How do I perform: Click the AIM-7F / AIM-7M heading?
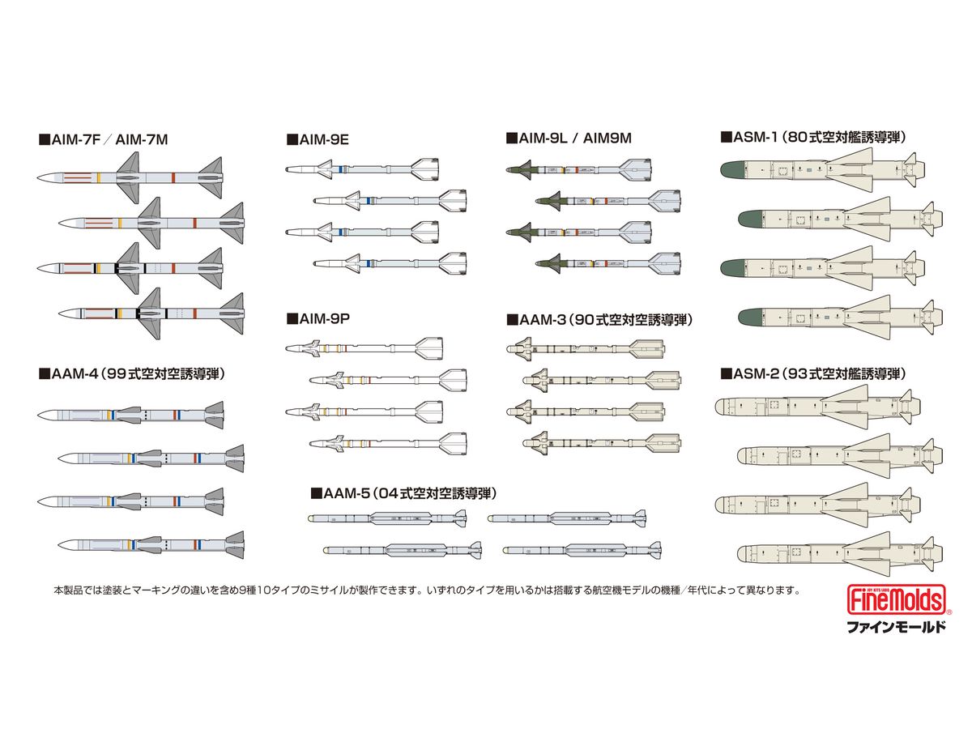click(104, 139)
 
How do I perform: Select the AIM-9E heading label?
click(318, 139)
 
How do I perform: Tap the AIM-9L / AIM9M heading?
click(569, 138)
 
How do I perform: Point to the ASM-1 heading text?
click(813, 137)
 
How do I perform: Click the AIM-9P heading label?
click(318, 318)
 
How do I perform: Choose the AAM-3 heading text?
click(599, 320)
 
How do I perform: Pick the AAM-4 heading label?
click(132, 374)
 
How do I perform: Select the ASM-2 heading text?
click(813, 374)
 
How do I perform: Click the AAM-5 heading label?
click(403, 493)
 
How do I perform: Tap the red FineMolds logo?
click(897, 599)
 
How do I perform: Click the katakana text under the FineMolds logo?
click(897, 627)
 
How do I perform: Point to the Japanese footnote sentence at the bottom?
click(427, 590)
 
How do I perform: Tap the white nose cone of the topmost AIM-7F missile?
click(48, 177)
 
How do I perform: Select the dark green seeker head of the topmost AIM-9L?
click(518, 169)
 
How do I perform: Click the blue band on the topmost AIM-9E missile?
click(340, 169)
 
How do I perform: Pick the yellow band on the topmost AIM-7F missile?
click(99, 177)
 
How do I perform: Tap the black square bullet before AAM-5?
click(316, 493)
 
